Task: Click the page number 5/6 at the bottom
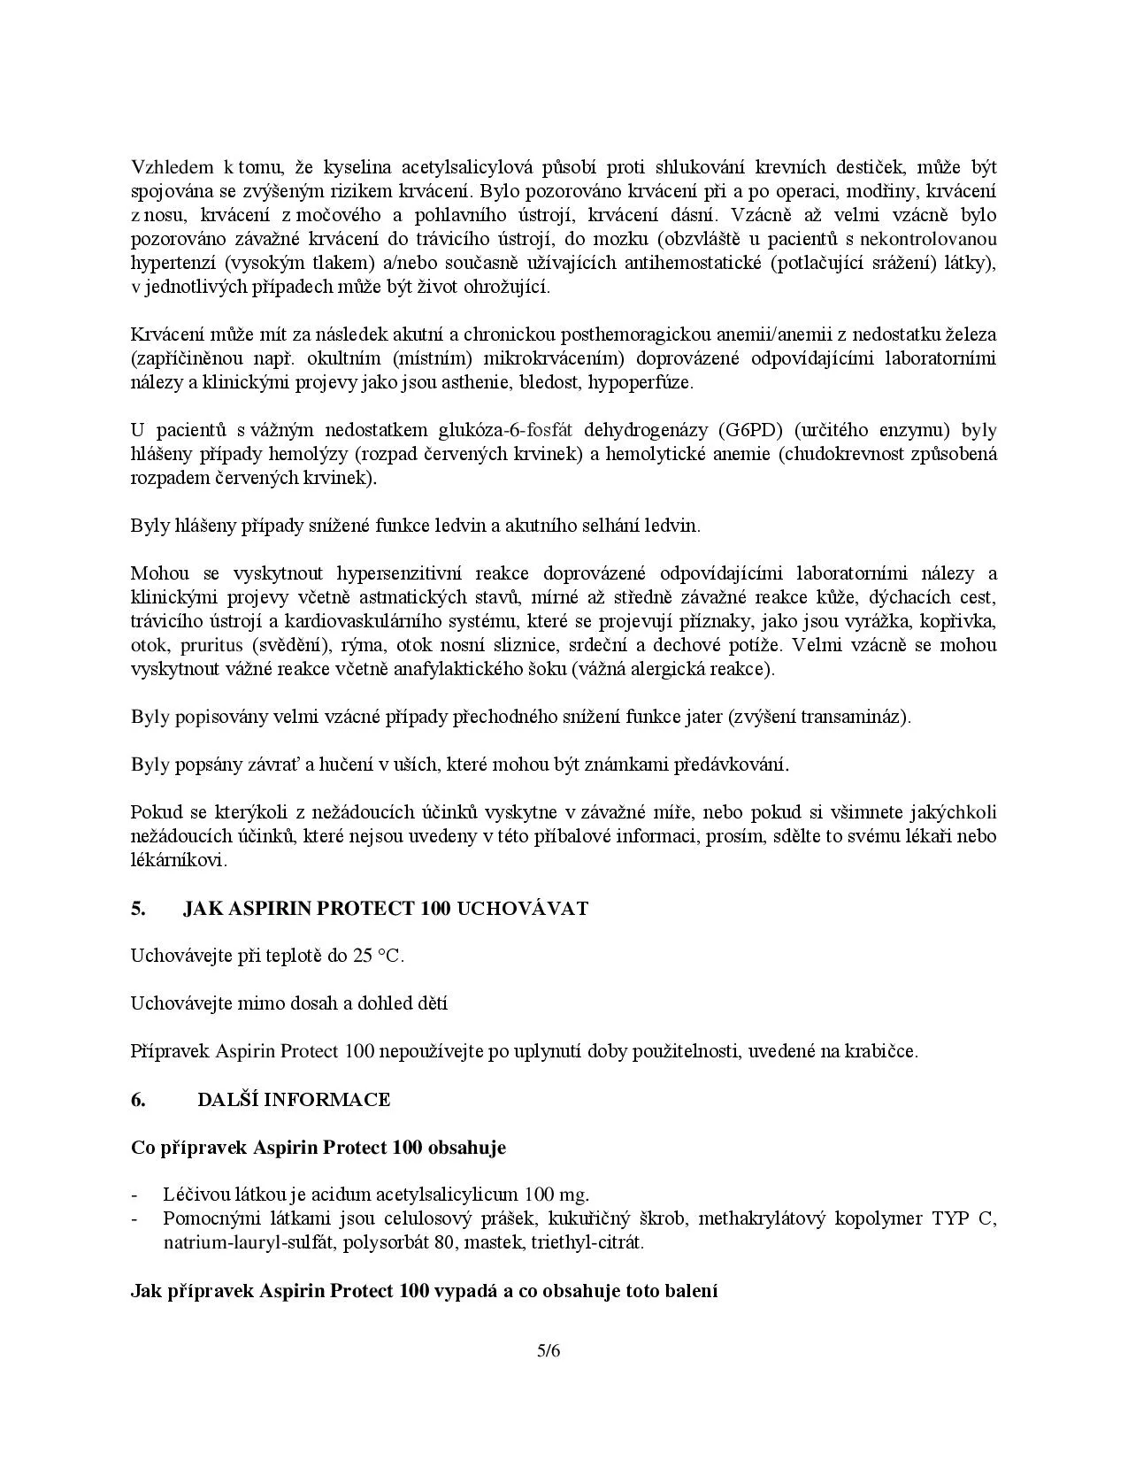click(549, 1351)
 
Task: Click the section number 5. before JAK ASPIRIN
click(138, 909)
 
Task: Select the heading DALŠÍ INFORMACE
click(293, 1100)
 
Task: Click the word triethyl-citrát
click(587, 1243)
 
